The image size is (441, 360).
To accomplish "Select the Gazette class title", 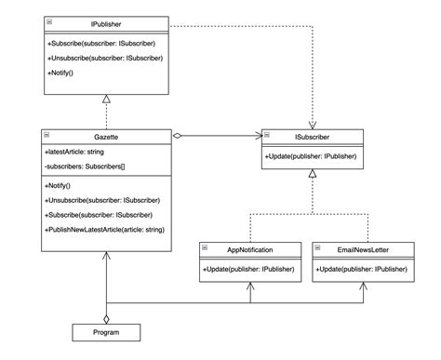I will pyautogui.click(x=105, y=136).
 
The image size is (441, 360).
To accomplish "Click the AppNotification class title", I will pyautogui.click(x=249, y=249).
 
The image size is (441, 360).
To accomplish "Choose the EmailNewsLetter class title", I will pyautogui.click(x=364, y=249).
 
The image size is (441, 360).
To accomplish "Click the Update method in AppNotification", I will pyautogui.click(x=248, y=268).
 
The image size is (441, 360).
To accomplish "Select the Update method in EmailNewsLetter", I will pyautogui.click(x=363, y=268).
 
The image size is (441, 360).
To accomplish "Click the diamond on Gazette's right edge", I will pyautogui.click(x=178, y=136).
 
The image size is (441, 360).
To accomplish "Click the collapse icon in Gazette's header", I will pyautogui.click(x=49, y=136).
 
